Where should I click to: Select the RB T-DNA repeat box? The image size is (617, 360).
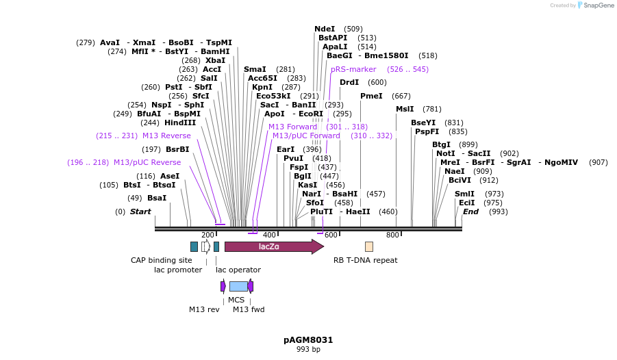(368, 246)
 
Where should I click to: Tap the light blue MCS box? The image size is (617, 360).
(238, 286)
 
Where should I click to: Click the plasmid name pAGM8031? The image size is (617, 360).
(308, 339)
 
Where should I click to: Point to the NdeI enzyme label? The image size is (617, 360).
(325, 29)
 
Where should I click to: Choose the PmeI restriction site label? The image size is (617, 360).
(371, 96)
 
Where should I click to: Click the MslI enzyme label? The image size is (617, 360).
(405, 109)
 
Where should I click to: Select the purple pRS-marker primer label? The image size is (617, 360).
(353, 69)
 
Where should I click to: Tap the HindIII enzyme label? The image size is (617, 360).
(179, 123)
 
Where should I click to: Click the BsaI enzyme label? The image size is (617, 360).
(157, 198)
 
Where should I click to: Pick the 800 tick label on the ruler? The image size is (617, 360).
(392, 235)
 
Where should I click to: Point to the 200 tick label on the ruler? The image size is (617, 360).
(207, 235)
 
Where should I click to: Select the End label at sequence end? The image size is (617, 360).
(470, 211)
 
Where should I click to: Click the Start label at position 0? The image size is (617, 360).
(140, 211)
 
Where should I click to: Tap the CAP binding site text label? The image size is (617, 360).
(162, 260)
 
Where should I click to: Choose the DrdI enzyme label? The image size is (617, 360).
(349, 82)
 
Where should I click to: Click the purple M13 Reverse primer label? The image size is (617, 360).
(166, 136)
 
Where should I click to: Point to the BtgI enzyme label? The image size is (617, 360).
(441, 144)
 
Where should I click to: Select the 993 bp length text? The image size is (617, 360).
(308, 349)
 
